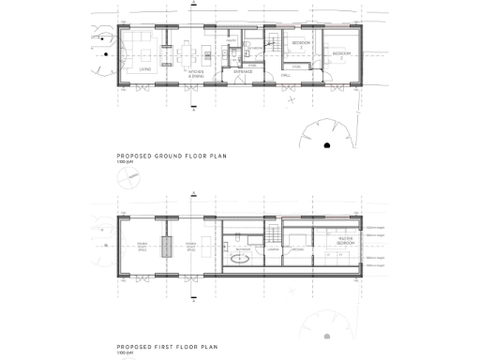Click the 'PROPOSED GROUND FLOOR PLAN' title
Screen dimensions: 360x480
tap(172, 157)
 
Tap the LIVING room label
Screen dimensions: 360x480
tap(145, 68)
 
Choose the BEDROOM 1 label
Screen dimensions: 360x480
tap(302, 44)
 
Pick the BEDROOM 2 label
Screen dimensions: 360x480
tap(342, 53)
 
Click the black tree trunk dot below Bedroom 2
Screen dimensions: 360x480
tap(326, 145)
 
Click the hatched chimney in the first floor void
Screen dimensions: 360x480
tap(167, 247)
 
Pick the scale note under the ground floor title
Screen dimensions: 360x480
tap(124, 164)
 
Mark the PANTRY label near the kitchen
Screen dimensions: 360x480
tap(231, 41)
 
